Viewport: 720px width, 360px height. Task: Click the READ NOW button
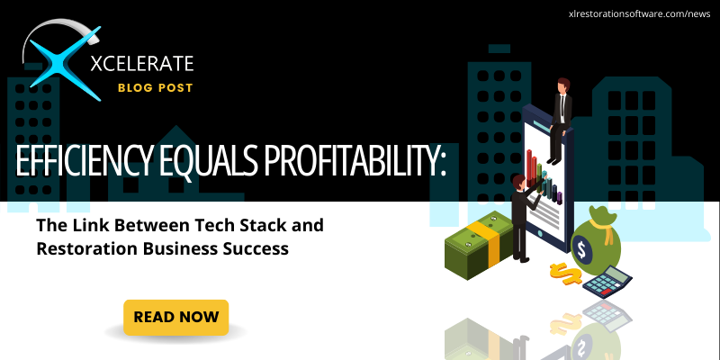pyautogui.click(x=176, y=317)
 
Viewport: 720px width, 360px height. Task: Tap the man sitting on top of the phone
pyautogui.click(x=562, y=112)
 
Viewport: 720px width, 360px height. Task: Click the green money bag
pyautogui.click(x=593, y=243)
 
